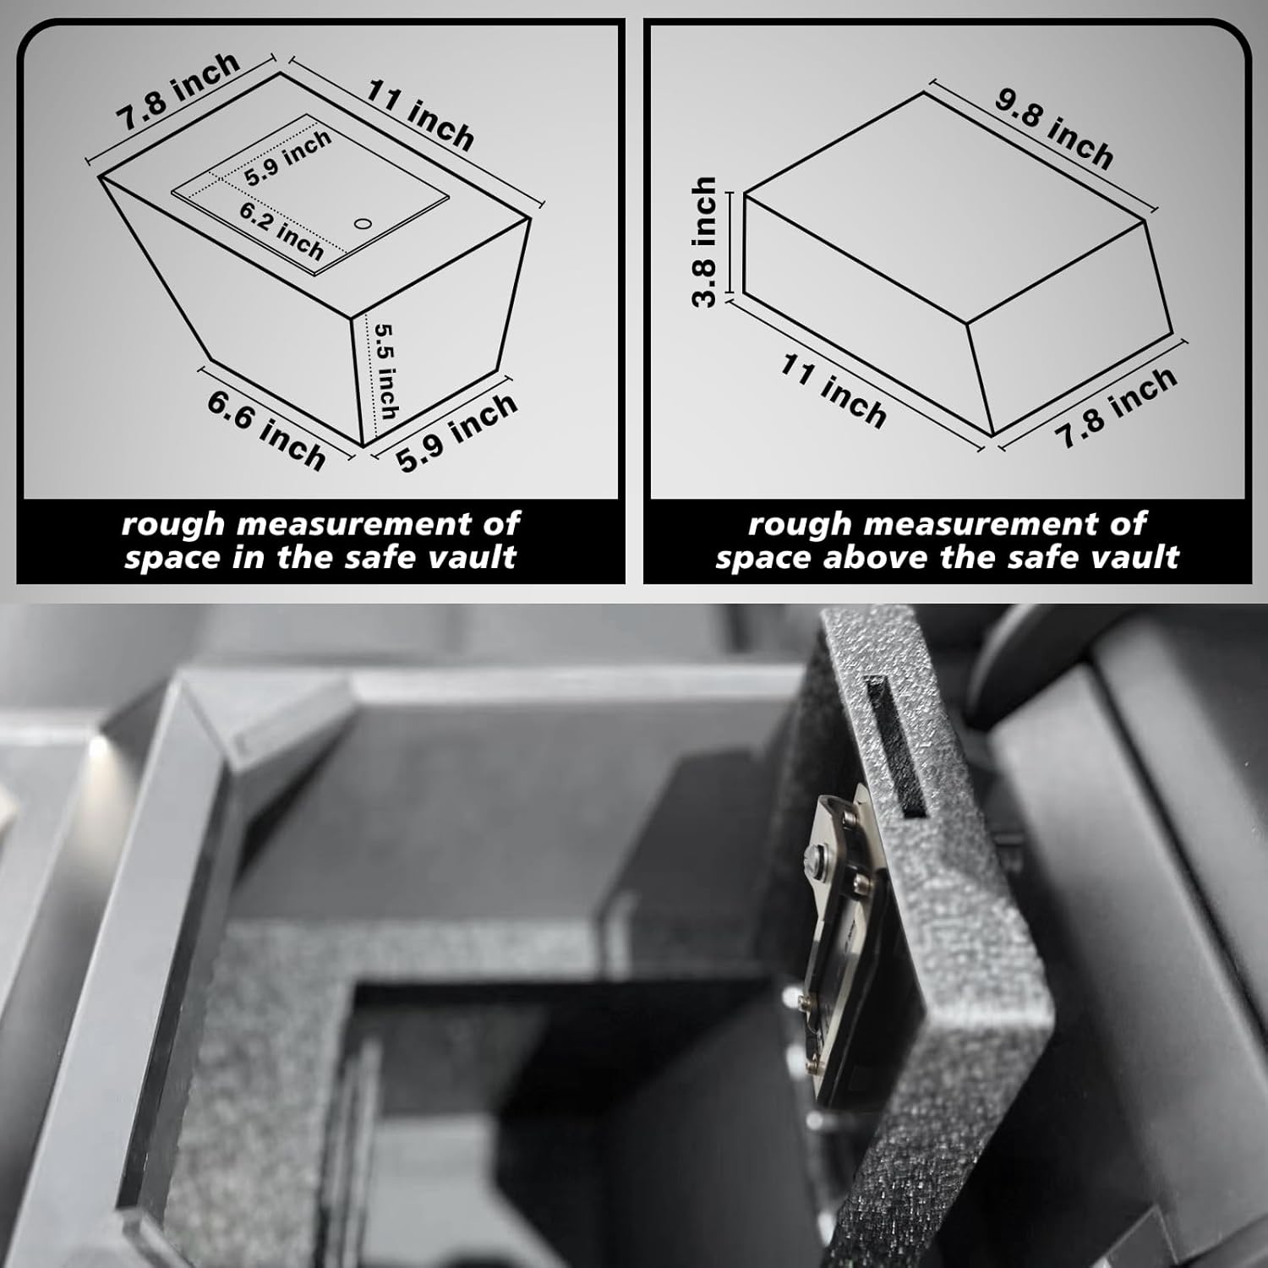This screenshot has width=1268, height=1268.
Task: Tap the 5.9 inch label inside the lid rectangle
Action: pyautogui.click(x=287, y=158)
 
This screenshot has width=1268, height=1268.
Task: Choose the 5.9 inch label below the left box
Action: pyautogui.click(x=456, y=431)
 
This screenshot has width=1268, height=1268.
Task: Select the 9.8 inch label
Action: pyautogui.click(x=1053, y=127)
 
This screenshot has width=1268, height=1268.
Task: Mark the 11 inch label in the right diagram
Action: pyautogui.click(x=833, y=391)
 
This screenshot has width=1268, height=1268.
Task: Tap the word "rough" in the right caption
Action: pyautogui.click(x=798, y=524)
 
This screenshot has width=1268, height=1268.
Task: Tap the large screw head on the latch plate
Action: pyautogui.click(x=817, y=857)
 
